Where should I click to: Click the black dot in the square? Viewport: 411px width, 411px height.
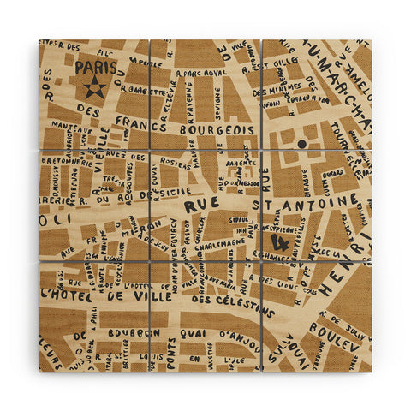click(301, 145)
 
